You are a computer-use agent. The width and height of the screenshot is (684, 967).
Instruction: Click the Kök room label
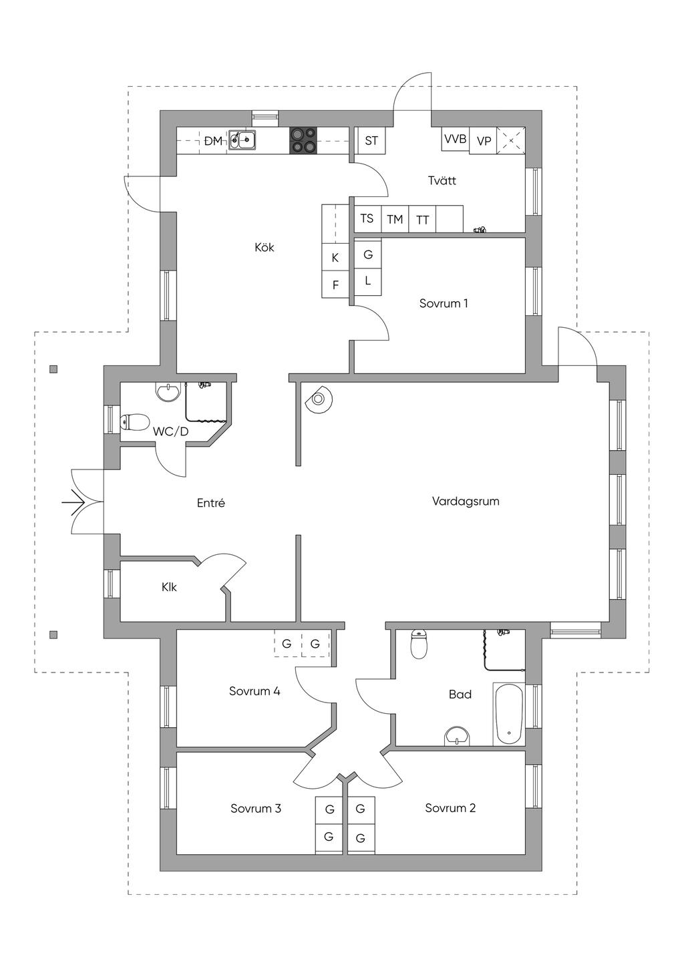[x=265, y=247]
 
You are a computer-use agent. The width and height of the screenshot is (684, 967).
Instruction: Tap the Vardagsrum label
[x=466, y=502]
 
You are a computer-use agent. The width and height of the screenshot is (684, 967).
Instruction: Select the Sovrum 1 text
[x=444, y=303]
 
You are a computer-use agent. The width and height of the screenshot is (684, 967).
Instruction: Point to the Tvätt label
[x=442, y=180]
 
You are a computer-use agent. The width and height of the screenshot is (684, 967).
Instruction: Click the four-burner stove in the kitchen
[x=303, y=140]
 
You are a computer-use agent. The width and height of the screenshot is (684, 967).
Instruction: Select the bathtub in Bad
[x=509, y=714]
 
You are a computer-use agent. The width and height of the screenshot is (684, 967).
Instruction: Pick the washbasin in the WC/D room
[x=167, y=392]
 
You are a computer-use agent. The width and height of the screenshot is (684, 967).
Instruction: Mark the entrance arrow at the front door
[x=73, y=502]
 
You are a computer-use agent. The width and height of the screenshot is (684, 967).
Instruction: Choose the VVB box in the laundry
[x=455, y=139]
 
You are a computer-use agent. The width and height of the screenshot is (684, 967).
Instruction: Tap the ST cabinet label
[x=371, y=140]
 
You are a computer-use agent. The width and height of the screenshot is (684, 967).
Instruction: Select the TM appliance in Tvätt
[x=395, y=219]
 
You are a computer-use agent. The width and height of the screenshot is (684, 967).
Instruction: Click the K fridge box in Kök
[x=335, y=257]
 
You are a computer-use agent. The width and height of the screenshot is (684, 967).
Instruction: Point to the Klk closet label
[x=169, y=587]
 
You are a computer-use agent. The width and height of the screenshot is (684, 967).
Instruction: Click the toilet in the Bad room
[x=418, y=644]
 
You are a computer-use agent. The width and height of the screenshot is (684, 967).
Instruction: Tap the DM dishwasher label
[x=213, y=141]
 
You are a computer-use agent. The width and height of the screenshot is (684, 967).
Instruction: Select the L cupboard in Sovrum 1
[x=368, y=281]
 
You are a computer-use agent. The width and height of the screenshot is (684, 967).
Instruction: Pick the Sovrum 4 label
[x=254, y=691]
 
